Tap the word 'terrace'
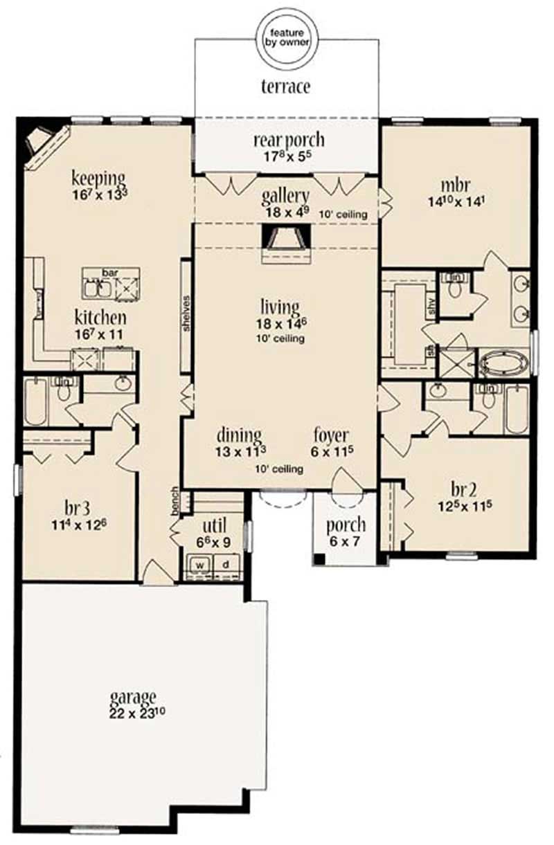(285, 87)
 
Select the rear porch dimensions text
(288, 156)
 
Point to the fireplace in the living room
(285, 243)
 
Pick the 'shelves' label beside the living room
(186, 316)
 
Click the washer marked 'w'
(200, 563)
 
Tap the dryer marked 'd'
(225, 563)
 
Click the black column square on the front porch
(318, 559)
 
